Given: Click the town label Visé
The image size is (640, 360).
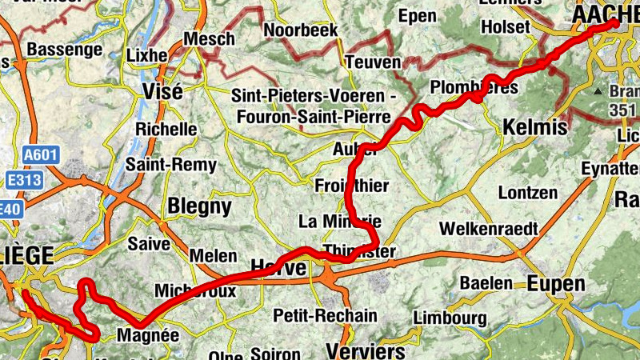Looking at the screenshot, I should click(x=162, y=90).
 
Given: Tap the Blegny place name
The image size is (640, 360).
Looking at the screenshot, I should click(x=199, y=206).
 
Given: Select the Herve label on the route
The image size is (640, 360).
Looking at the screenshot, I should click(x=278, y=268).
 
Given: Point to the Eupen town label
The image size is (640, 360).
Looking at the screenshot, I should click(x=556, y=283).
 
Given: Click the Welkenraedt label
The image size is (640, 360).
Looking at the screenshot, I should click(x=488, y=228).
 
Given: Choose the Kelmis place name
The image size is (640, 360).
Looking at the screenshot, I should click(x=535, y=127).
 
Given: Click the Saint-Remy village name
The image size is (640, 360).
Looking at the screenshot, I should click(x=176, y=165).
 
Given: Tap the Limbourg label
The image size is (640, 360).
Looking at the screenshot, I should click(x=450, y=318).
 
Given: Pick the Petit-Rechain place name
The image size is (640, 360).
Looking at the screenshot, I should click(x=325, y=315).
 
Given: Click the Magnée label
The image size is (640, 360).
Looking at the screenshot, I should click(x=148, y=335).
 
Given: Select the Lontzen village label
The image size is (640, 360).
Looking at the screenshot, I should click(x=527, y=193).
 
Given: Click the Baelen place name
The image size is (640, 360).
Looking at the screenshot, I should click(x=486, y=282).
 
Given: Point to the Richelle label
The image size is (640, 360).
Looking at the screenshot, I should click(x=166, y=129).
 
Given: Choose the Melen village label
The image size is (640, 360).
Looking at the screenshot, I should click(x=214, y=256).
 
